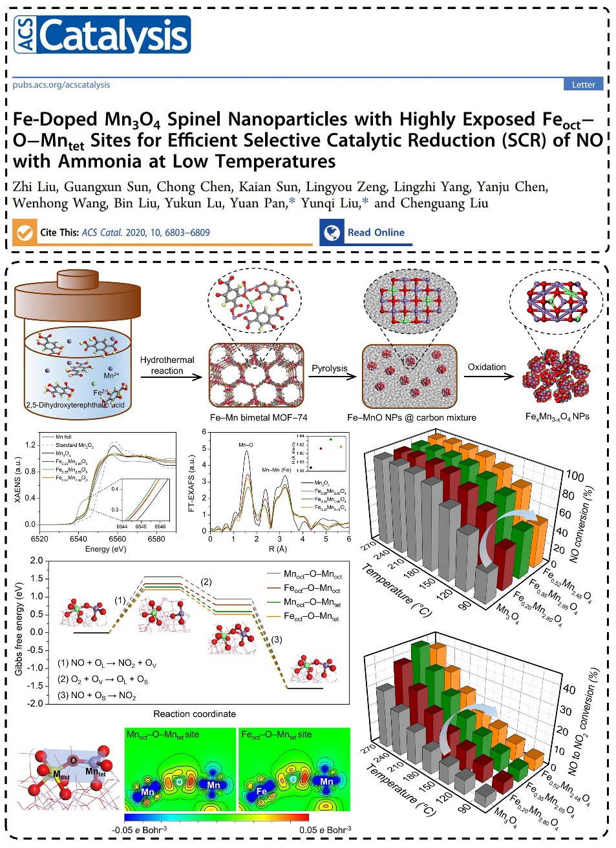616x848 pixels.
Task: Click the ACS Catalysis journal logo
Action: point(101,35)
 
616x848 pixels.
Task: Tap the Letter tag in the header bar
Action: point(583,85)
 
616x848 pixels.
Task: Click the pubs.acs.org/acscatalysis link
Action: point(61,85)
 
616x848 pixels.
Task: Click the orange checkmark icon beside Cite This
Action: point(25,233)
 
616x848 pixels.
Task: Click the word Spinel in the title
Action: point(193,119)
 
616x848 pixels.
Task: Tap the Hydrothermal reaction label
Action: point(167,365)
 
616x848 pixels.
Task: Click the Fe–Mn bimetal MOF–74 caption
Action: point(259,417)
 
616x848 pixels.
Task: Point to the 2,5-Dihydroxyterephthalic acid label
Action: point(75,405)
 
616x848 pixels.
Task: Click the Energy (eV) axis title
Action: point(105,549)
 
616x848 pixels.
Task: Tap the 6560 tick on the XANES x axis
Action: point(117,539)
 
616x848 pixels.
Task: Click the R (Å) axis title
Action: point(278,549)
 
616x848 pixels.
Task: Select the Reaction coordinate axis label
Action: point(195,714)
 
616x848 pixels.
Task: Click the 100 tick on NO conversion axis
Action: point(575,477)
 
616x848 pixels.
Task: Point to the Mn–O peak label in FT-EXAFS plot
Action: point(246,445)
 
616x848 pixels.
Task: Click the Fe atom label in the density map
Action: point(261,791)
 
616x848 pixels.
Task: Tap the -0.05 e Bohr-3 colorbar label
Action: point(139,830)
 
